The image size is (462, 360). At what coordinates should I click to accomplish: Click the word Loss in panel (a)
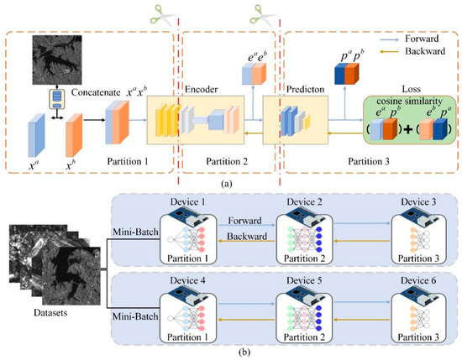tap(387, 86)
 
